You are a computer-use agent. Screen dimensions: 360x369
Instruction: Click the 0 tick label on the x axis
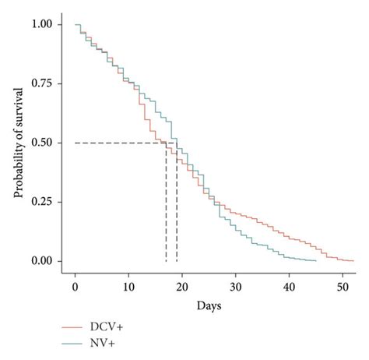click(75, 289)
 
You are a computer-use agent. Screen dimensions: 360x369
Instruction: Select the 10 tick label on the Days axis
click(128, 289)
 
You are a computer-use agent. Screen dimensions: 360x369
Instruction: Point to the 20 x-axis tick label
click(182, 289)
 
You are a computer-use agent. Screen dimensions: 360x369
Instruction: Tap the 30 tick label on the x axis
click(236, 289)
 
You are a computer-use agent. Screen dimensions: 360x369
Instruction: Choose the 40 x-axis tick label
click(290, 289)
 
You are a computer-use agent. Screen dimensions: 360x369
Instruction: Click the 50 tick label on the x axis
click(343, 289)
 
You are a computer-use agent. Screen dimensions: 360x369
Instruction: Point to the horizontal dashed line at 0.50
click(117, 143)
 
